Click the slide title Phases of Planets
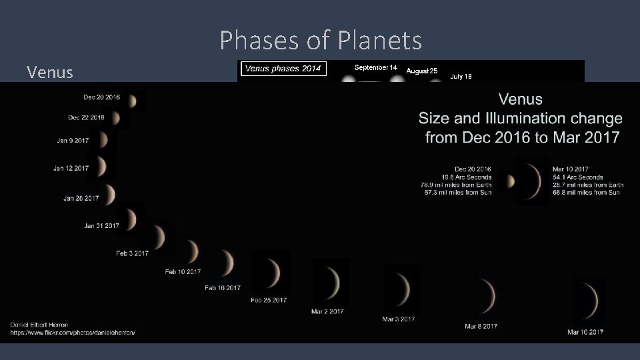click(321, 41)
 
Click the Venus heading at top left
click(50, 72)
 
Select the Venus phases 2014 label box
click(282, 69)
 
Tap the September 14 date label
click(375, 68)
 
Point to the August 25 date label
click(421, 71)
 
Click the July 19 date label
click(461, 77)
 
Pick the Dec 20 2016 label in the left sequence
click(101, 97)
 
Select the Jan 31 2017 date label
click(101, 226)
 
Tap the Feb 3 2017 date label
click(132, 253)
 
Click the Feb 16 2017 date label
click(222, 288)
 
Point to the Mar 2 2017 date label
click(327, 311)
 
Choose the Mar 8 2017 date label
click(481, 326)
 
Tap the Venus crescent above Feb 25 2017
click(273, 273)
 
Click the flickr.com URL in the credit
click(72, 332)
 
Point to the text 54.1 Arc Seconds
click(577, 177)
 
